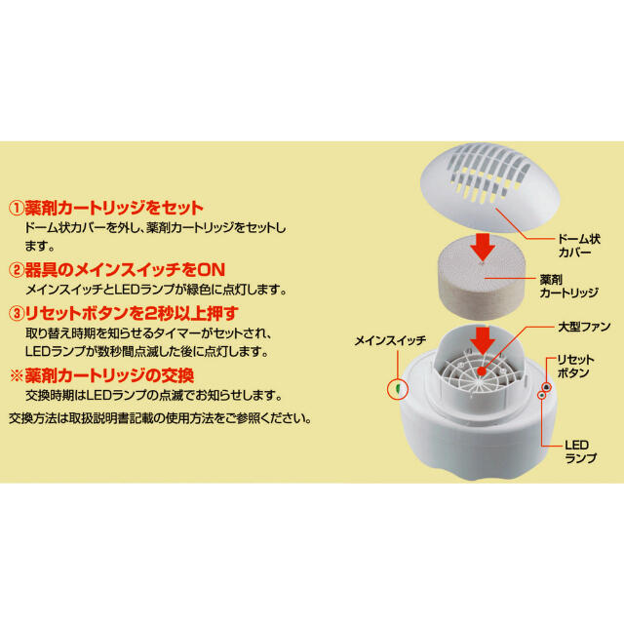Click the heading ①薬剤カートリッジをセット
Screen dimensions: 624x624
[105, 208]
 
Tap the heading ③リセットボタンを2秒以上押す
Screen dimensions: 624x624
[124, 314]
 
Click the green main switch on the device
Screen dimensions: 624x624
[398, 389]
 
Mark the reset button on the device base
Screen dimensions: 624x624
[547, 386]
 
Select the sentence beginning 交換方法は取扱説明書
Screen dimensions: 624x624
[161, 419]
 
